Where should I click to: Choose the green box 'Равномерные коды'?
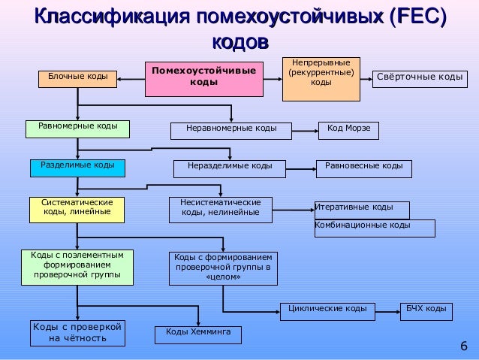pyautogui.click(x=78, y=127)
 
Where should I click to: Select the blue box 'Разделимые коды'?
pyautogui.click(x=77, y=167)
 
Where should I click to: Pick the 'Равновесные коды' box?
pyautogui.click(x=363, y=168)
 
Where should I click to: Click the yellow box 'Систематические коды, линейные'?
pyautogui.click(x=77, y=209)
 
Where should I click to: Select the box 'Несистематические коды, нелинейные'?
pyautogui.click(x=220, y=209)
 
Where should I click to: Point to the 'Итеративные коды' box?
pyautogui.click(x=362, y=209)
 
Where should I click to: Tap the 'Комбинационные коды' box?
pyautogui.click(x=374, y=227)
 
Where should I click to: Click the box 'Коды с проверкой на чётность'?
pyautogui.click(x=77, y=332)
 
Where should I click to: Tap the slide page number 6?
pyautogui.click(x=462, y=346)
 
